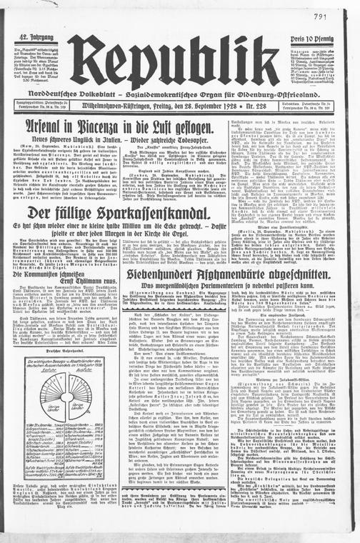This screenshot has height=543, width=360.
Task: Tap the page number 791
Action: point(340,16)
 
